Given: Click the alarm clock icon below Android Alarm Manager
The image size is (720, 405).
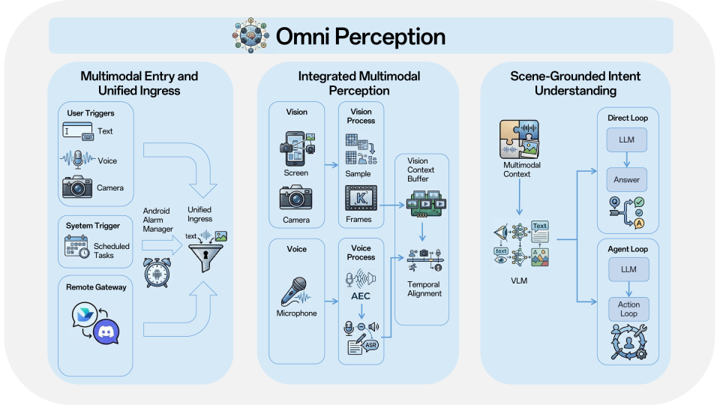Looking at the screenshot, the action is coord(157,273).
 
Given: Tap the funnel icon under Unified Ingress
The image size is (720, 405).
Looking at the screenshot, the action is coord(205,257).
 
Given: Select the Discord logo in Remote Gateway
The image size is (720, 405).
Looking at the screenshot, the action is coord(106,331).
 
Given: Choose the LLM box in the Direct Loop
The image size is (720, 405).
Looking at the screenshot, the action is coord(627,139).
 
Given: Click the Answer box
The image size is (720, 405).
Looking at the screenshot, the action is coord(627,179).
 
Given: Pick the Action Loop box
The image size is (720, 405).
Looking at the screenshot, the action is coord(628,309).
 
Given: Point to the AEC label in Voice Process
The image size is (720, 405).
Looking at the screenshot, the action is coord(361,296).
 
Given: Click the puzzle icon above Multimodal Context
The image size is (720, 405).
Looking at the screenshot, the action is coord(519,139).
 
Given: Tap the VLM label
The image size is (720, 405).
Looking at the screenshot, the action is coord(519,280).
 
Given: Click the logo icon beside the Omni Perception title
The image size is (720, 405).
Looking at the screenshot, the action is coord(250,35).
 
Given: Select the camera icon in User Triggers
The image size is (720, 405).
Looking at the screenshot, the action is coord(77,187).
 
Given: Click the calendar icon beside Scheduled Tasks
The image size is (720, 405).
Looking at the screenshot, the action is coord(76,247).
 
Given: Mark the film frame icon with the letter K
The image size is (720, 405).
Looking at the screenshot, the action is coord(361,198).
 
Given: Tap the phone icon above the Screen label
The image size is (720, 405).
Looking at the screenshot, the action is coord(297,148).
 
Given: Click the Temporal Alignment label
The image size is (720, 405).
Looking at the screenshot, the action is coord(424,289).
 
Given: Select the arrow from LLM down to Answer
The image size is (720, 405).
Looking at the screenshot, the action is coord(627,159).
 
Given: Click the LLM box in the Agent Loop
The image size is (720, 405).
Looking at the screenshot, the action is coord(628,269).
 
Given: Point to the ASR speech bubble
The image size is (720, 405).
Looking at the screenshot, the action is coord(370,345).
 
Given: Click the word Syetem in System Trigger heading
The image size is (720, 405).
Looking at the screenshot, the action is coord(79,226).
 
